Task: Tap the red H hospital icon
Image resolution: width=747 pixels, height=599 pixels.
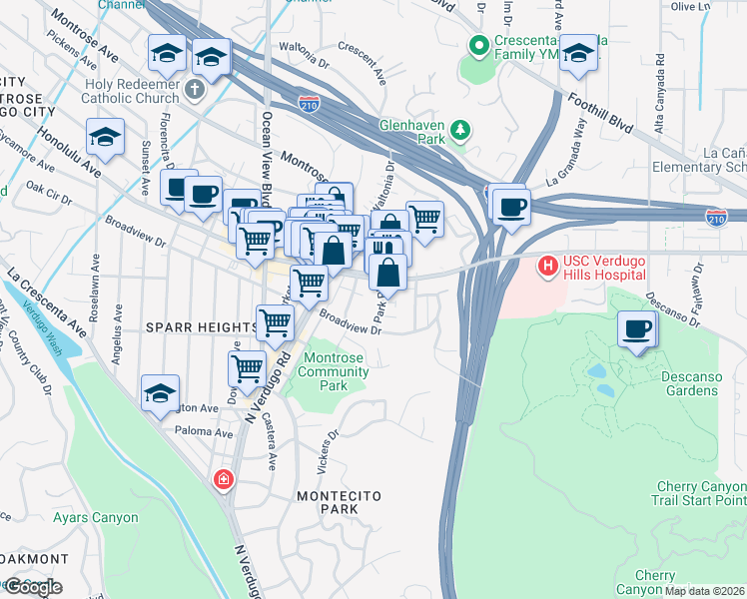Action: [x=547, y=267]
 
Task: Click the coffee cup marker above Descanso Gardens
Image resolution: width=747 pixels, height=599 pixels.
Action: [x=636, y=329]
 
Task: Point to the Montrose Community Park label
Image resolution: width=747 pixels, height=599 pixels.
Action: [x=335, y=364]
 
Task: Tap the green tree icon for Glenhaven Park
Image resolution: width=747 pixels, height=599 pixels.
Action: [x=460, y=129]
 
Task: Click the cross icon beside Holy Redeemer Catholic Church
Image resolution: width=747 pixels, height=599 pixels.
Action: [x=195, y=89]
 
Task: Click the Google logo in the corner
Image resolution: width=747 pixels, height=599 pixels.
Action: [x=32, y=587]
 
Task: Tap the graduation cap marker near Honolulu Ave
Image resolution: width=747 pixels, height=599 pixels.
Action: [x=105, y=140]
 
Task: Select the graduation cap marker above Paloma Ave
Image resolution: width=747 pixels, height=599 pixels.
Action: [x=160, y=394]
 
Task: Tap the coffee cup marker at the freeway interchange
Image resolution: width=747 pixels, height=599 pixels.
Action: [x=511, y=207]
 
